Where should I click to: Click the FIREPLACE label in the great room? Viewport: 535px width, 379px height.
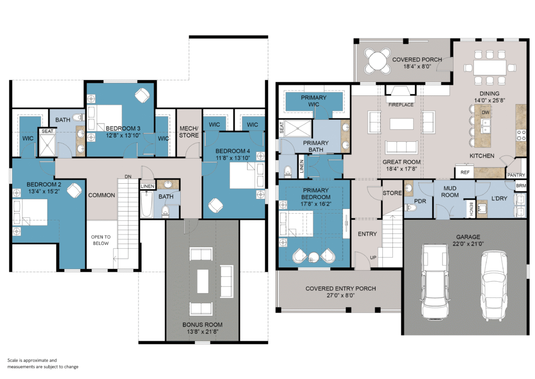(x=401, y=105)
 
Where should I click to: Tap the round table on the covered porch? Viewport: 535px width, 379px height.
(x=377, y=61)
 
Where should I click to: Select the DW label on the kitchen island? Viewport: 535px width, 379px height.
(x=485, y=113)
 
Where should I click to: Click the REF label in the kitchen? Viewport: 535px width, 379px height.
(x=465, y=172)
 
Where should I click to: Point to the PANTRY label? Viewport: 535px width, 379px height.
(x=516, y=175)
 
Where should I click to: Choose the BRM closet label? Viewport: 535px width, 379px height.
(x=521, y=185)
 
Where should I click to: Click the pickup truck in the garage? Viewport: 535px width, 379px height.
(x=434, y=282)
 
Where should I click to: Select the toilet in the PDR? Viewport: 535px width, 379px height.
(x=411, y=208)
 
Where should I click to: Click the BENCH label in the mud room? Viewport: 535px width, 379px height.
(x=471, y=208)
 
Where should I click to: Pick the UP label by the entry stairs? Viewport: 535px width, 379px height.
(x=373, y=258)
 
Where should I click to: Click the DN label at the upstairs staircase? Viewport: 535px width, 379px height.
(x=128, y=177)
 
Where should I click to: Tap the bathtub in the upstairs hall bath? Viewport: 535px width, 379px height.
(x=147, y=204)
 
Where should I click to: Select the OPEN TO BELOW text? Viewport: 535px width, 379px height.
(x=101, y=240)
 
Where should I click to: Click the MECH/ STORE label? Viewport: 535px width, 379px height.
(x=189, y=132)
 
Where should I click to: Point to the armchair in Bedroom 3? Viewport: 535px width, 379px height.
(x=142, y=95)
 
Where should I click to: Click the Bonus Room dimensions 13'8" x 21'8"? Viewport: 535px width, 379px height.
(x=203, y=331)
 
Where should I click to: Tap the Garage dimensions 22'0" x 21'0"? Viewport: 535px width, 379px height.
(x=468, y=243)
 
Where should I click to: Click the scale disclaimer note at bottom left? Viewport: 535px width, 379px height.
(x=43, y=363)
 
